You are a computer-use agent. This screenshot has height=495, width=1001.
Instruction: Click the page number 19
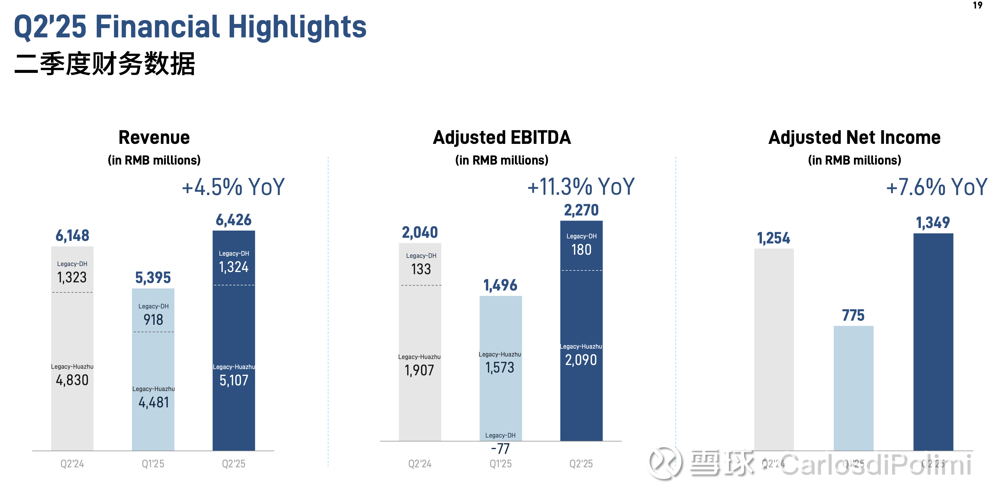[x=978, y=5]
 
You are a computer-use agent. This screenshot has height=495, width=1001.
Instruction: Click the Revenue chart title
[x=154, y=138]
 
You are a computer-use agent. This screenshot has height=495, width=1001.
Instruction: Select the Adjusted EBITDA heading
[x=502, y=138]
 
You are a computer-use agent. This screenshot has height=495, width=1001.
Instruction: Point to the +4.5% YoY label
[x=233, y=187]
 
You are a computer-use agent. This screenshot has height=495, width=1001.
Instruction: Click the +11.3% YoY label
[x=581, y=187]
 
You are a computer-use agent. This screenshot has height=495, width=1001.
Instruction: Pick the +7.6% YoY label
[x=937, y=187]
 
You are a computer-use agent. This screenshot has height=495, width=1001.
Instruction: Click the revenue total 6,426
[x=233, y=220]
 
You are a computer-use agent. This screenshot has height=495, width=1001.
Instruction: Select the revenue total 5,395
[x=153, y=278]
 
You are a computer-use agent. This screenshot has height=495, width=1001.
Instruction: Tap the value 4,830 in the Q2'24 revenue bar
[x=72, y=380]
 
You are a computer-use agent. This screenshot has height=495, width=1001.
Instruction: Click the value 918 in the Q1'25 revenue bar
[x=153, y=320]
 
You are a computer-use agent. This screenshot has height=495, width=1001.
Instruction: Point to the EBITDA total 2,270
[x=581, y=210]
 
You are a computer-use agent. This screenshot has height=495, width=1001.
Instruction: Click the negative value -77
[x=500, y=449]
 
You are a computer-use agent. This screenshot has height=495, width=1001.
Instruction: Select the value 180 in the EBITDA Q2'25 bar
[x=581, y=250]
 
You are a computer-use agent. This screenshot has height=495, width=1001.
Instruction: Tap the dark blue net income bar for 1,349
[x=933, y=342]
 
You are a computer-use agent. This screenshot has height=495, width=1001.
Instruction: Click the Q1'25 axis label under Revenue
[x=153, y=464]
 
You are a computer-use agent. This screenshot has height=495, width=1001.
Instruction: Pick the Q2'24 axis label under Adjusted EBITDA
[x=420, y=464]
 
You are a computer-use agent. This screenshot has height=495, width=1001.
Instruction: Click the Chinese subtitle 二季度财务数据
[x=105, y=64]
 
